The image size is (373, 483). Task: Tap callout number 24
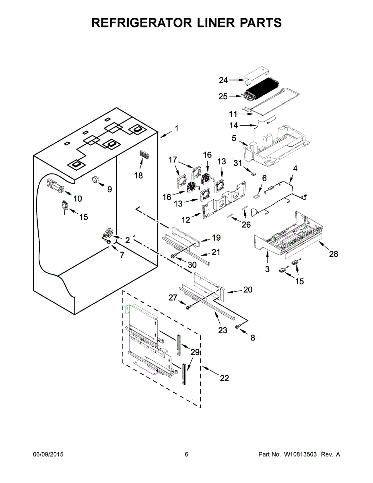pos(223,80)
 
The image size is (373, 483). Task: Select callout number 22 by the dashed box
pos(225,378)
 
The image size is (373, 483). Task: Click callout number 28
pos(334,254)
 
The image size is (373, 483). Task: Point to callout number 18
pos(138,176)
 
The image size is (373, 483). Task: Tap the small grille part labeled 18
pos(144,155)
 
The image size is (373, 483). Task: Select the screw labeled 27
pos(188,308)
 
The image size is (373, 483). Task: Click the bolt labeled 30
pos(173,256)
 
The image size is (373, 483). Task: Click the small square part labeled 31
pos(253,174)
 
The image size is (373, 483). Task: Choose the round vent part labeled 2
pos(108,232)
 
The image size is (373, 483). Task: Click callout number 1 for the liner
pos(176,129)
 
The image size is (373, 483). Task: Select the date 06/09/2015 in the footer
pos(48,454)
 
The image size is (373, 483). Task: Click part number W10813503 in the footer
pos(301,454)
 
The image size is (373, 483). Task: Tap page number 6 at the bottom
pos(186,454)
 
